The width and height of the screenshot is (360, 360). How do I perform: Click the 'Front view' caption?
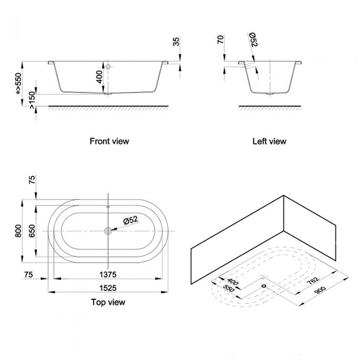(x=109, y=142)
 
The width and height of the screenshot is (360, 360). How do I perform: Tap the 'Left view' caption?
(x=270, y=142)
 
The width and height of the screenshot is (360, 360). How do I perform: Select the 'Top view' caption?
(x=109, y=302)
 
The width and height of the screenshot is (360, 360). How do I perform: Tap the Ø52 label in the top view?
(x=131, y=220)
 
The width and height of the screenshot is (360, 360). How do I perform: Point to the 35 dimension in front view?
(x=176, y=43)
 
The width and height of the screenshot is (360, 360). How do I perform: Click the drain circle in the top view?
(x=109, y=230)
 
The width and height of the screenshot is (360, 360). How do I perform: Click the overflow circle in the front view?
(x=109, y=68)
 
